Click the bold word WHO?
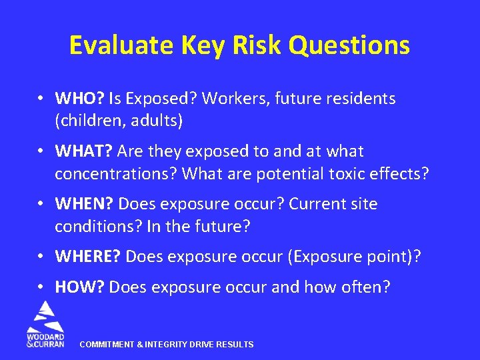pyautogui.click(x=79, y=99)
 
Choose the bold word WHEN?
pyautogui.click(x=84, y=203)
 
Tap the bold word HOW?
pyautogui.click(x=79, y=287)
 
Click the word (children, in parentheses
pyautogui.click(x=86, y=121)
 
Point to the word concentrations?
pyautogui.click(x=116, y=174)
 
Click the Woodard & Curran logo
pyautogui.click(x=45, y=323)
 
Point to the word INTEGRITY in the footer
pyautogui.click(x=166, y=345)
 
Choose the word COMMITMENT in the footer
pyautogui.click(x=108, y=345)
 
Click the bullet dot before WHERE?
pyautogui.click(x=41, y=256)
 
